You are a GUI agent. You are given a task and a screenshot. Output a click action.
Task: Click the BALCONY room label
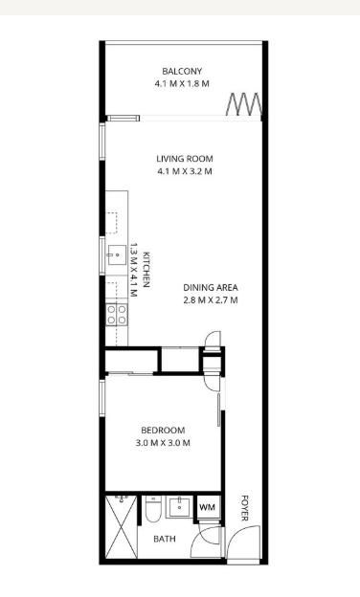coord(182,71)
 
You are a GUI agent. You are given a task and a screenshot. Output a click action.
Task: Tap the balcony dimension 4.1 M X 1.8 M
coord(182,84)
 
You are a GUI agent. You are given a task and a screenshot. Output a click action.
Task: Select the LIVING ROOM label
coord(185,159)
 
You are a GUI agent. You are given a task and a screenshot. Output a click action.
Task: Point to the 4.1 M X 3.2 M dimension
coord(185,171)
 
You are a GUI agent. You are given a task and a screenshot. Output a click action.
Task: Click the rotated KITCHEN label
coord(146,270)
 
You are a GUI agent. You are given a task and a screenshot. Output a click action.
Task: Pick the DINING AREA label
coord(211,287)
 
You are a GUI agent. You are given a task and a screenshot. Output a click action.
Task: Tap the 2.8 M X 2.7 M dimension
coord(211,300)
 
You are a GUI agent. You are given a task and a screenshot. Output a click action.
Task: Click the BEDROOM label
coord(163,431)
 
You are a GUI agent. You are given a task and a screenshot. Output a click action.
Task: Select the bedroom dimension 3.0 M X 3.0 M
coord(163,443)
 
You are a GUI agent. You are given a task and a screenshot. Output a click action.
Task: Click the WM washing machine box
coord(207,507)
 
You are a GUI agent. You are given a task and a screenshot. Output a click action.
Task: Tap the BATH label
coord(165,539)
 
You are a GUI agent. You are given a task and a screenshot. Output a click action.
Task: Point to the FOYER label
coord(244,508)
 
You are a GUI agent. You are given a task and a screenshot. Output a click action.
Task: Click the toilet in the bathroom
coord(153,509)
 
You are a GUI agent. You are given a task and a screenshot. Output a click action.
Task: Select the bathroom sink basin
coord(180,506)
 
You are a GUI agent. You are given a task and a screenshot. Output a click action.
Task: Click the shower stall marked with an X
coord(122,526)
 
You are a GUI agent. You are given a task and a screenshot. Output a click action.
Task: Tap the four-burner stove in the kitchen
coord(117,315)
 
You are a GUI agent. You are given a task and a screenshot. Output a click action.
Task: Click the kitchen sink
coord(117,255)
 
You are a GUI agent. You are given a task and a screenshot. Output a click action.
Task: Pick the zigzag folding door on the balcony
coord(244,104)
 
